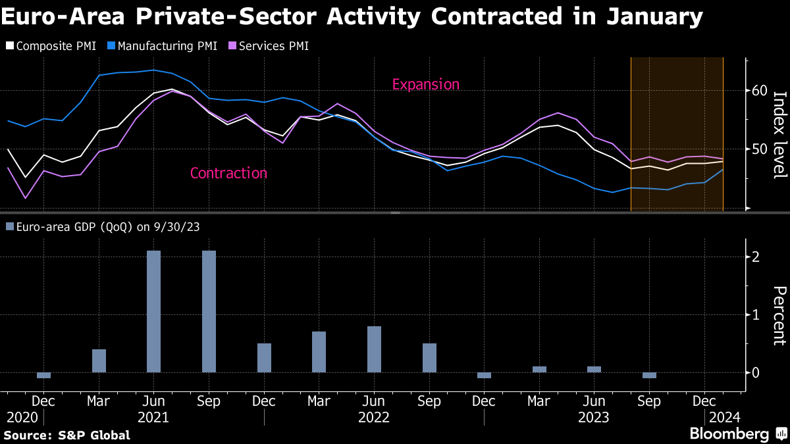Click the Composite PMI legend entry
tap(51, 46)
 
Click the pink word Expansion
tap(425, 84)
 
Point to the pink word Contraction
tap(228, 173)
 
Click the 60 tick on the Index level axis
tap(760, 90)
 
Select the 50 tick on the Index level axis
tap(760, 149)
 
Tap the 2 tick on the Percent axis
tap(756, 257)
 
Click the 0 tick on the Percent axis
tap(756, 372)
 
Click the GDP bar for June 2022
tap(374, 349)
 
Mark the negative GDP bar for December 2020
tap(43, 375)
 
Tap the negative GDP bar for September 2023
tap(649, 375)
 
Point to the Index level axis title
tap(779, 134)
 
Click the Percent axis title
tap(779, 316)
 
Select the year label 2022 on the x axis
tap(374, 417)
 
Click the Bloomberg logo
tap(729, 434)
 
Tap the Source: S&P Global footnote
tap(66, 435)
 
